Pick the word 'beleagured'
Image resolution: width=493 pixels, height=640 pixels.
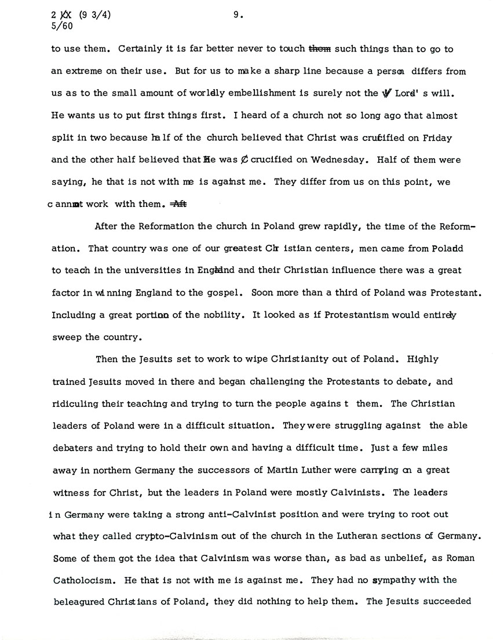(x=77, y=602)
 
